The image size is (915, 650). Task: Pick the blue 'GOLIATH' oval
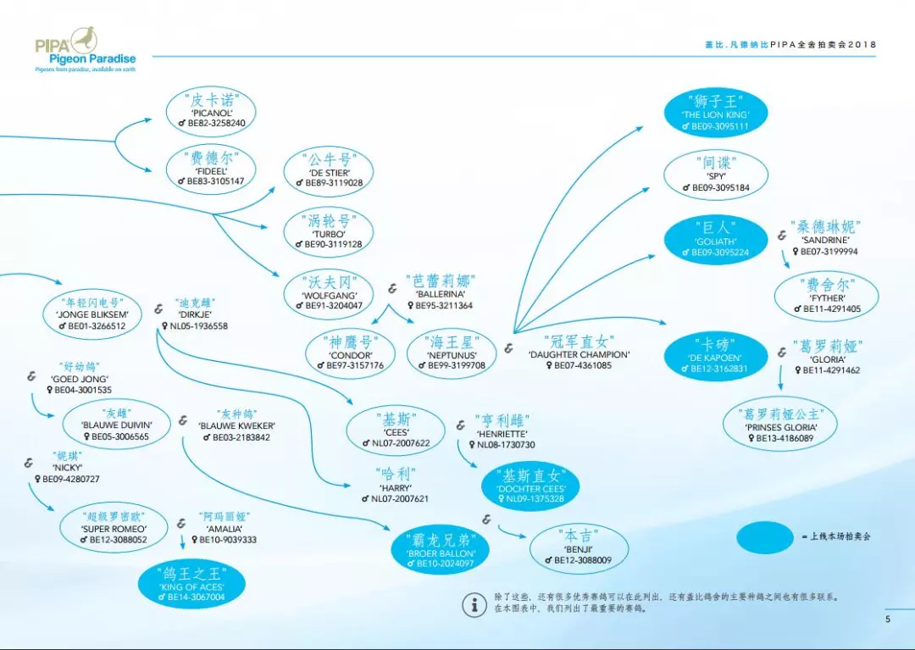tap(715, 240)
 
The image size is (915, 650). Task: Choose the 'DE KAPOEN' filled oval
tap(715, 357)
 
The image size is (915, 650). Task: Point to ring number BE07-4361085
tap(582, 366)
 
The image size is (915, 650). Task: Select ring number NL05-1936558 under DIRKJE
tap(198, 325)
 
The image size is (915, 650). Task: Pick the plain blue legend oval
tap(764, 537)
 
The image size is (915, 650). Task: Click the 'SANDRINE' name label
tap(824, 240)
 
